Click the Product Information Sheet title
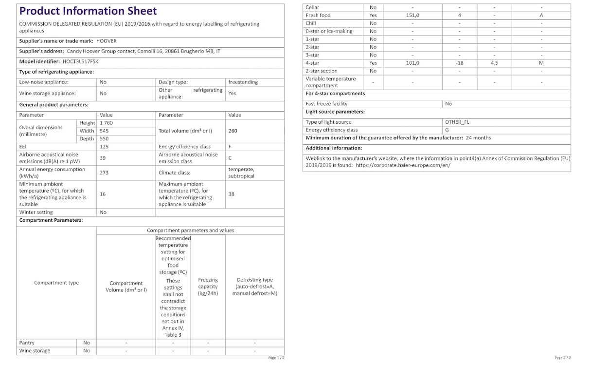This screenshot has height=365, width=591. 88,11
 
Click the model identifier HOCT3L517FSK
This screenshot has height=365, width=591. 80,62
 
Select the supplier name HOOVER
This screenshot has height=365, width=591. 106,41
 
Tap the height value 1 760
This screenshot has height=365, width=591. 106,123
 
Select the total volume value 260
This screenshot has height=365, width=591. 233,131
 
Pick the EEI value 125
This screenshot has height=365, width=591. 104,147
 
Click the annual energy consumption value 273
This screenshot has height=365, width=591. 104,173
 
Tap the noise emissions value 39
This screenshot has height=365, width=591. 103,158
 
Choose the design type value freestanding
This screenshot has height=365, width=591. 243,82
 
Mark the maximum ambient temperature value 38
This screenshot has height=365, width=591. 231,194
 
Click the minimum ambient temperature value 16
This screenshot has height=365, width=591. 103,194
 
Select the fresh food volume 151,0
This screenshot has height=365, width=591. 412,16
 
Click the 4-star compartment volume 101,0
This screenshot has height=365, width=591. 412,63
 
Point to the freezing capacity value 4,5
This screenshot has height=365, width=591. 494,63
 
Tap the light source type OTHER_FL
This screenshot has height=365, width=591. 457,122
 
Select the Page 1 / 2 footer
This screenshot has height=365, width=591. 276,358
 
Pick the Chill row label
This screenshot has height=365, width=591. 311,23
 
